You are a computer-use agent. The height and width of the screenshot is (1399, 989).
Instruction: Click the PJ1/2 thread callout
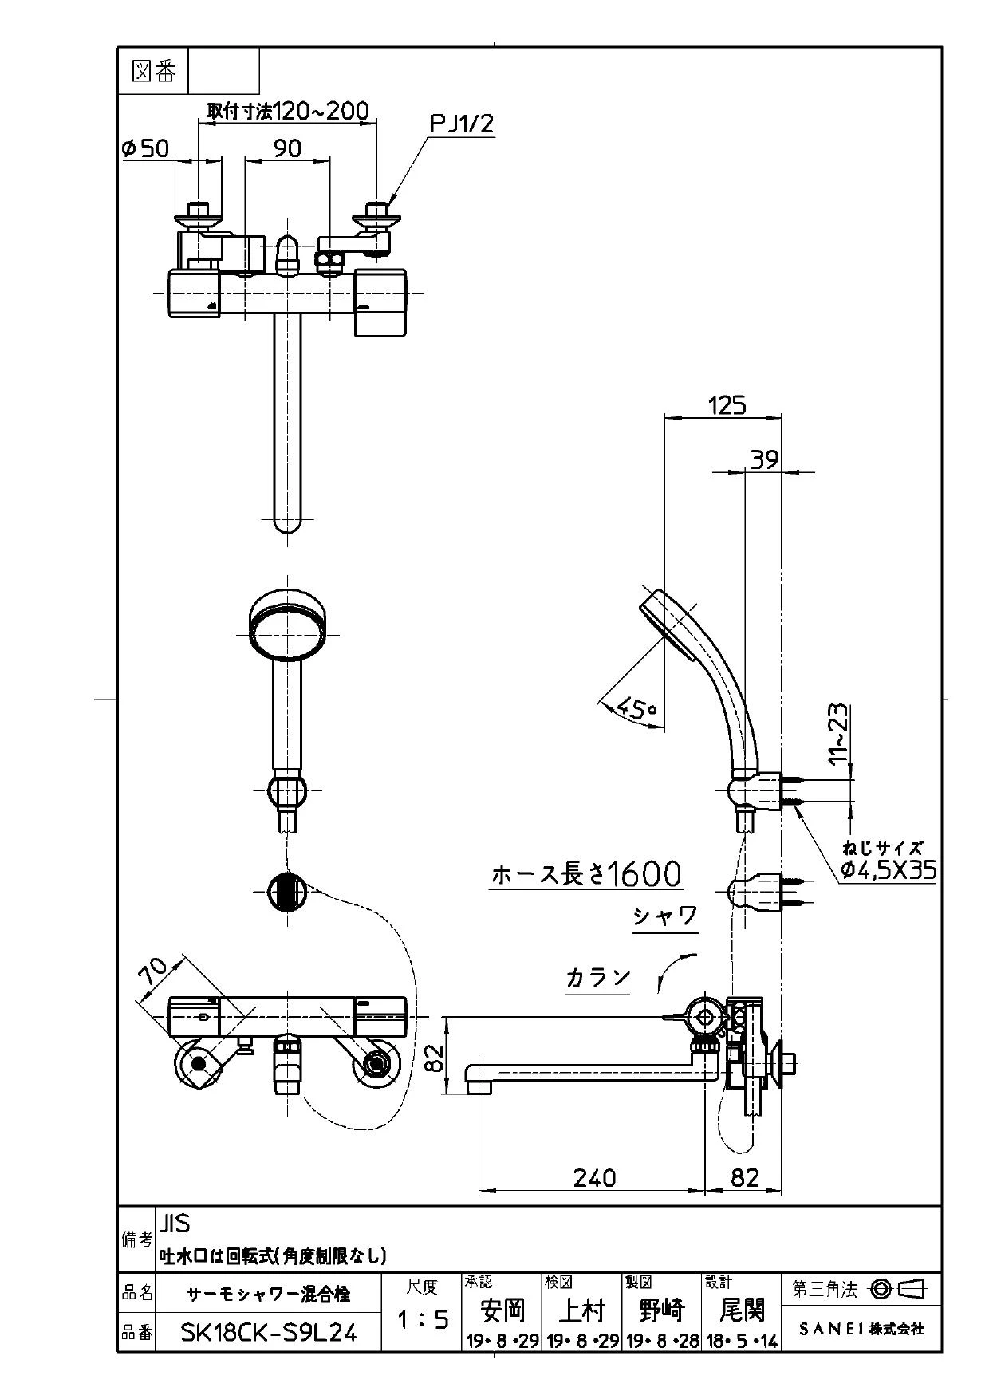[463, 124]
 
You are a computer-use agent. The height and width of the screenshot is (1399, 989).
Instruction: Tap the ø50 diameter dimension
[145, 148]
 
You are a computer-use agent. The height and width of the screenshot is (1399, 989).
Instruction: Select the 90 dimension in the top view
[287, 148]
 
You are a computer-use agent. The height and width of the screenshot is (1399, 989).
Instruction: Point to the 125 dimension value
[727, 405]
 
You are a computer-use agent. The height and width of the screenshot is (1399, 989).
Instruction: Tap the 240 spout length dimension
[594, 1177]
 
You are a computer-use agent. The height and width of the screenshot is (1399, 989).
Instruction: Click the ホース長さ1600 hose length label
[586, 874]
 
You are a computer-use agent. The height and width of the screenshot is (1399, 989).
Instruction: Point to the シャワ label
[666, 916]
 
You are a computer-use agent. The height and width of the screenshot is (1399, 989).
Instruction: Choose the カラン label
[598, 978]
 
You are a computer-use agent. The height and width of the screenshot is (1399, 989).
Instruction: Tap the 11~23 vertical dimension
[838, 735]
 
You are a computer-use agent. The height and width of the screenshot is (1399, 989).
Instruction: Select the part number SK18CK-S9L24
[269, 1332]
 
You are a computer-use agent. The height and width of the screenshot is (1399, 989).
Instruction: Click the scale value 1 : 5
[423, 1320]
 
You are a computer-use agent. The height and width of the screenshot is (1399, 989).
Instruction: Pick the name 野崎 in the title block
[662, 1310]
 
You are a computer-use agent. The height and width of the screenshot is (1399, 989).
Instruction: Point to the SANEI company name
[861, 1329]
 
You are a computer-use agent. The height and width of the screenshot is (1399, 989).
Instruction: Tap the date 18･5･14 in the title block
[742, 1342]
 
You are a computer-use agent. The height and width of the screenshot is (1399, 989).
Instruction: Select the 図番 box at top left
[153, 72]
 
